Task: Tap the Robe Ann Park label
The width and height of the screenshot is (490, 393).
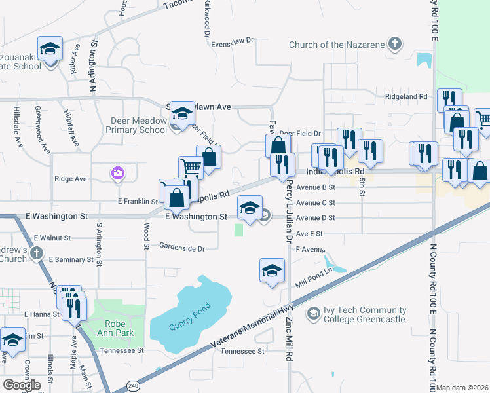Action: pyautogui.click(x=121, y=328)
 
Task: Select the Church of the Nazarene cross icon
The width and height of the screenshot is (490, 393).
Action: pyautogui.click(x=394, y=45)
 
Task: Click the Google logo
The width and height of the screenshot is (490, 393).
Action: pyautogui.click(x=22, y=384)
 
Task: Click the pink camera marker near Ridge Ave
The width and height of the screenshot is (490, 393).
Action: pyautogui.click(x=118, y=173)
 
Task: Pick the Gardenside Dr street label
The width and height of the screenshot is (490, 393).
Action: pyautogui.click(x=183, y=248)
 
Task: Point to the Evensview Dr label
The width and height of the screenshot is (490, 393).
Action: pyautogui.click(x=232, y=41)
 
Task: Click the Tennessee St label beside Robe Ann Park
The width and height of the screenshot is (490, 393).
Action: pyautogui.click(x=122, y=350)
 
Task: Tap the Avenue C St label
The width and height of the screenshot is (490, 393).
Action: pyautogui.click(x=315, y=203)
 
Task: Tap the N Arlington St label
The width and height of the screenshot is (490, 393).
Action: pyautogui.click(x=94, y=62)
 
